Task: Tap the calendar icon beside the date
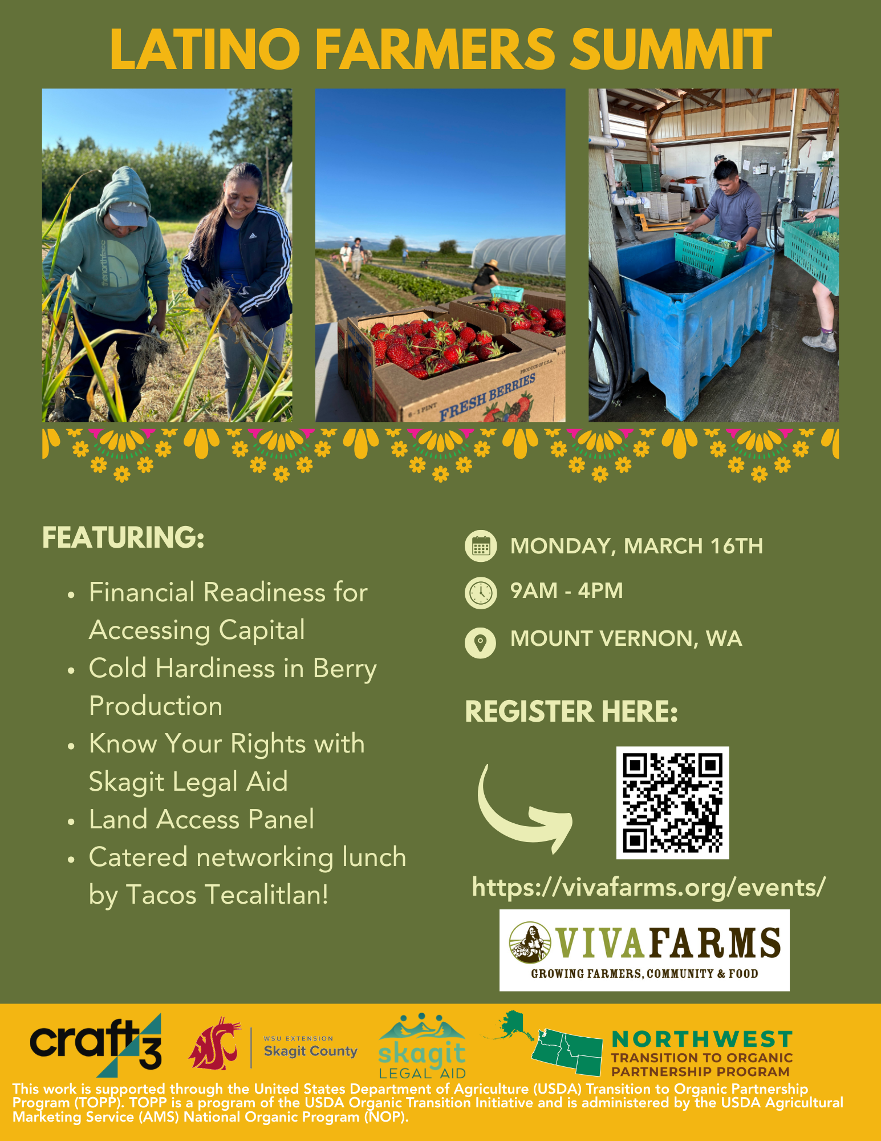coord(481,546)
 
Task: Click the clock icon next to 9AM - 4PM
coord(481,593)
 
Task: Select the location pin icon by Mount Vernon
coord(481,642)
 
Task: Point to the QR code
coord(672,802)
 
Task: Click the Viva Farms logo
coord(644,950)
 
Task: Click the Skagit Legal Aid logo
coord(422,1046)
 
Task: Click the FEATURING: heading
coord(123,537)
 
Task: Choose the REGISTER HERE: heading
coord(571,711)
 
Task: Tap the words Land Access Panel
coord(201,819)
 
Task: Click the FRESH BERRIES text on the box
coord(487,396)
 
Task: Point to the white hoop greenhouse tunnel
coord(519,256)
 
